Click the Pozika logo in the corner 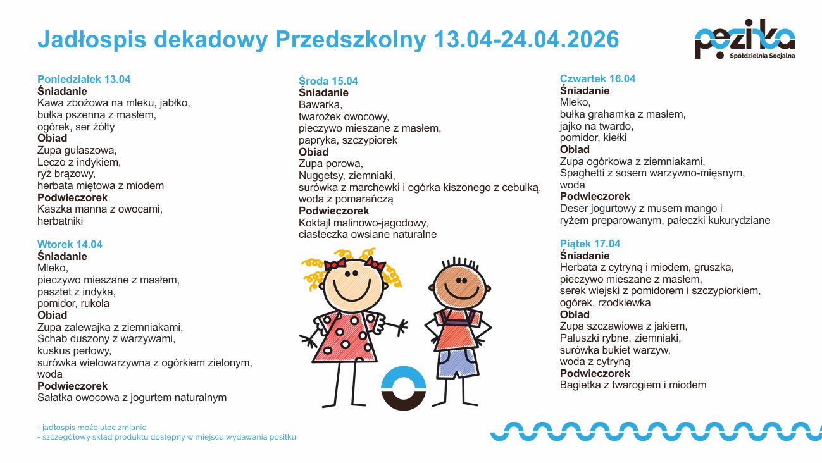pos(744,39)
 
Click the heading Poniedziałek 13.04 pos(84,80)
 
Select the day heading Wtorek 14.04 pos(70,245)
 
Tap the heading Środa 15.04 pos(328,82)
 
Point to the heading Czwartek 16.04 pos(597,79)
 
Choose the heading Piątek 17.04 pos(590,244)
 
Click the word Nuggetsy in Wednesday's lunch pos(321,176)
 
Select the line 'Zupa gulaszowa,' pos(77,151)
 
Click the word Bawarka pos(320,105)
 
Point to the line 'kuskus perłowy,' pos(74,350)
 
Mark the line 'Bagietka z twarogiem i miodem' pos(633,385)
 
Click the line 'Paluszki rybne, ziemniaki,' pos(620,338)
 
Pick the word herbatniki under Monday pos(60,221)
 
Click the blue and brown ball pos(404,388)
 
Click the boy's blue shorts pos(457,363)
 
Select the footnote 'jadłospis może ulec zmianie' pos(94,428)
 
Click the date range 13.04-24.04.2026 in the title pos(526,40)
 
